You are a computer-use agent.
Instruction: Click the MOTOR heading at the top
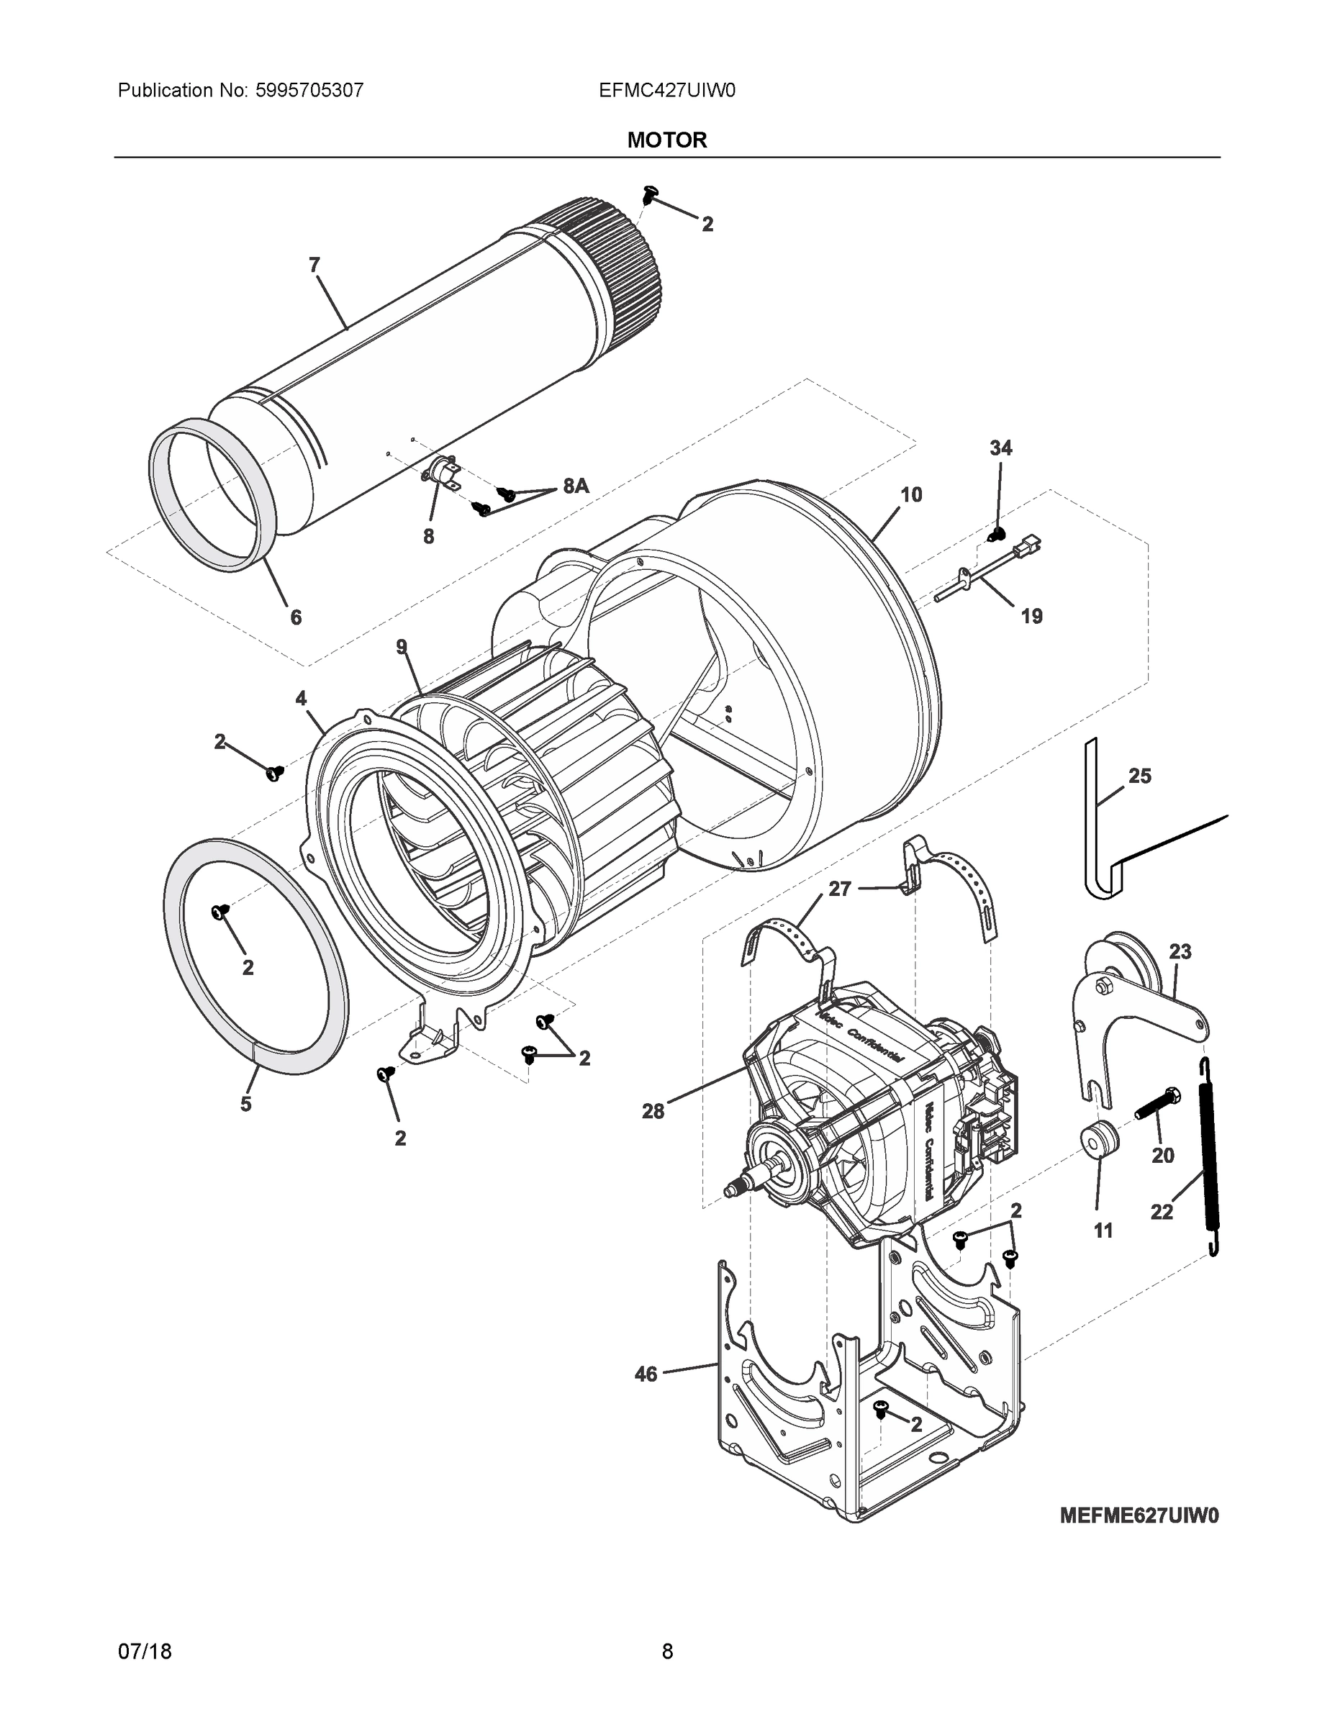(x=666, y=140)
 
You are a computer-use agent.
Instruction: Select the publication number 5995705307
(x=309, y=90)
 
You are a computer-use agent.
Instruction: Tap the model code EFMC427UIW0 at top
(x=666, y=90)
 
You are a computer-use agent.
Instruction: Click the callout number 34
(x=1000, y=448)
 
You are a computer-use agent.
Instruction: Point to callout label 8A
(x=576, y=486)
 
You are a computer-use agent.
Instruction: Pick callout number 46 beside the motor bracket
(x=646, y=1374)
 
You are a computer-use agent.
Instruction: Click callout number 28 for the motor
(x=653, y=1111)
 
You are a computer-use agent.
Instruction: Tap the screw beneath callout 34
(x=998, y=534)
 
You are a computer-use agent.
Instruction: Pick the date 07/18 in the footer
(x=145, y=1651)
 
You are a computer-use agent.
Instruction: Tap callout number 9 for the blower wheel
(x=402, y=648)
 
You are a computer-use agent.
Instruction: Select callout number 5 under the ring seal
(x=246, y=1104)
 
